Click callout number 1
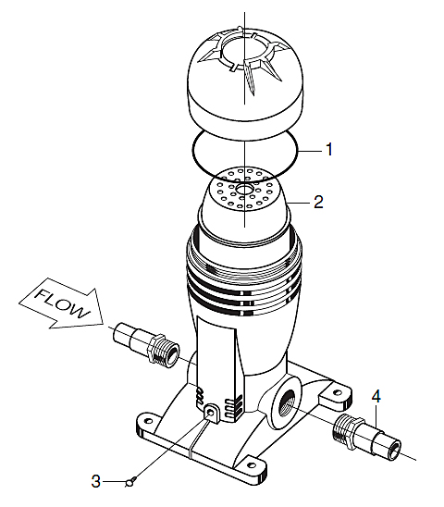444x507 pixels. pos(329,149)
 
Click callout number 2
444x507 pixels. pos(318,202)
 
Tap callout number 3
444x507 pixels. pos(95,481)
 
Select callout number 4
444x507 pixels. pos(376,396)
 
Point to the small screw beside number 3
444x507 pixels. pos(131,482)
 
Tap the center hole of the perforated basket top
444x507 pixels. pos(244,189)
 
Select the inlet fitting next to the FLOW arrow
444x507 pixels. pos(146,343)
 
